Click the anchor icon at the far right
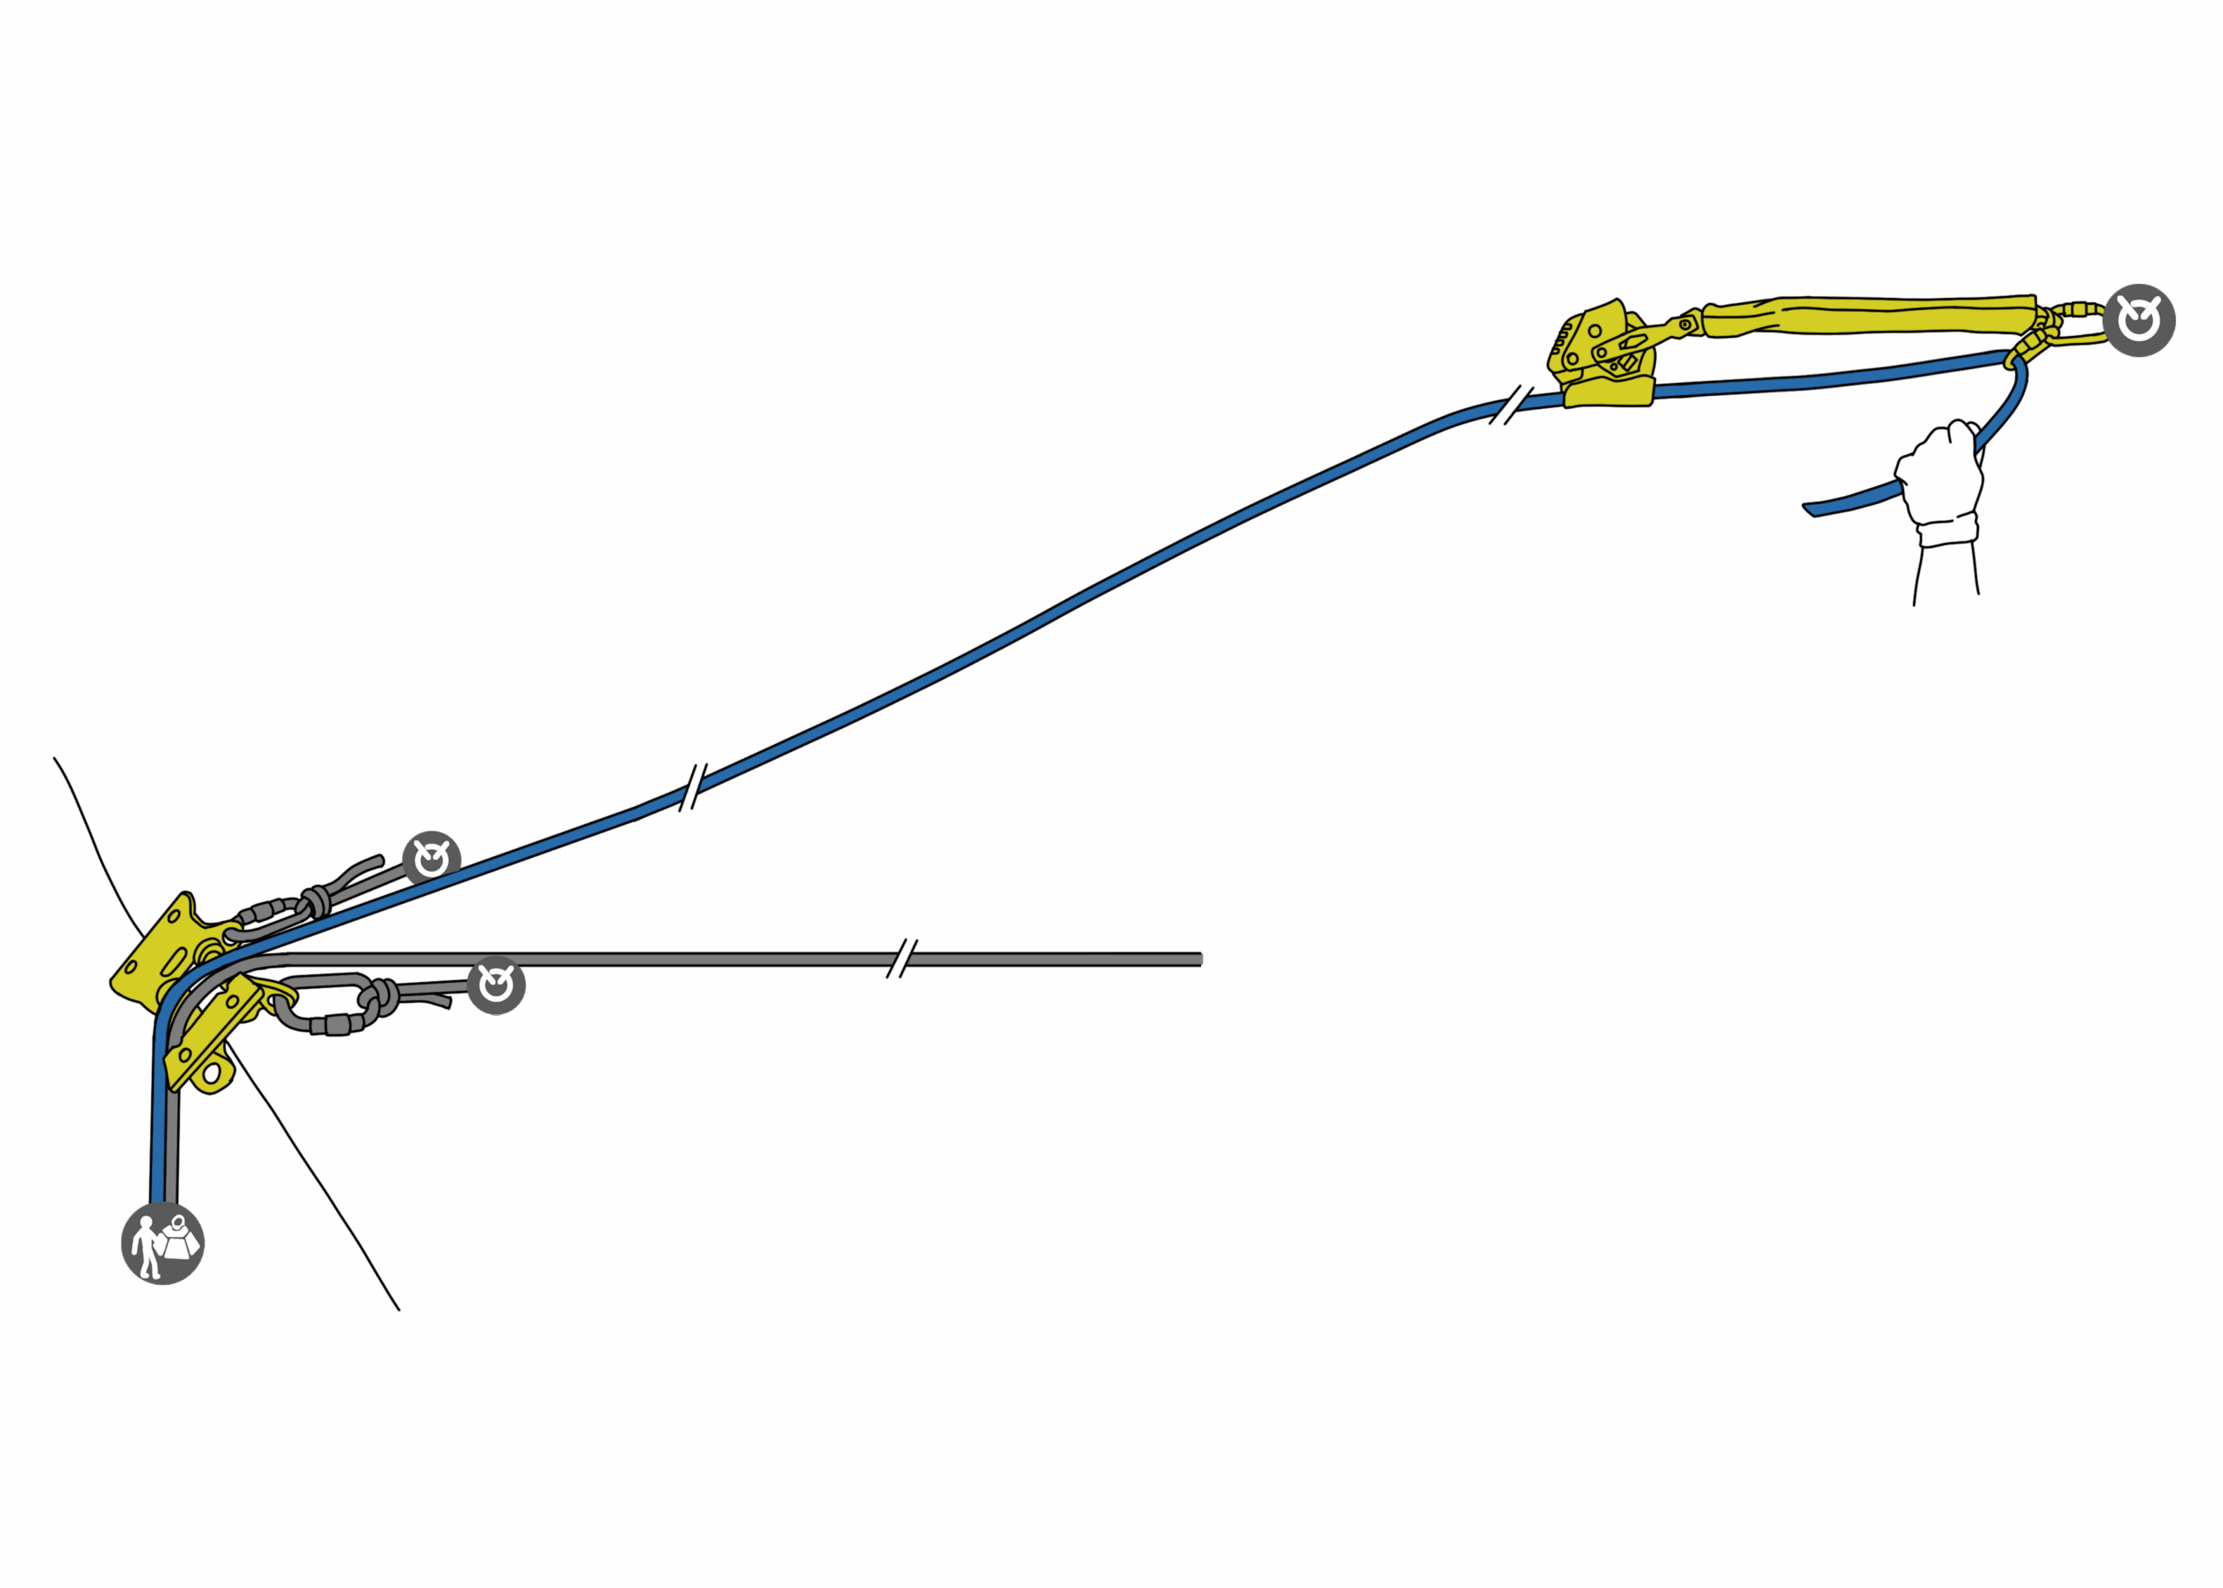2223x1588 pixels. tap(2139, 320)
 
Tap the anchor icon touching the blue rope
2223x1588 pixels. tap(432, 860)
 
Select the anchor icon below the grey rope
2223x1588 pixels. tap(496, 985)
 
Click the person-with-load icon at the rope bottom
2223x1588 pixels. tap(162, 1242)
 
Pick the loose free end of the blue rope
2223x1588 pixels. tap(1815, 509)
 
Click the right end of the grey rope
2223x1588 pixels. tap(1198, 959)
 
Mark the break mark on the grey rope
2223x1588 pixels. tap(901, 959)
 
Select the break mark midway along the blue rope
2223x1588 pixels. tap(692, 785)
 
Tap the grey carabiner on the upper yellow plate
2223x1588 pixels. tap(268, 919)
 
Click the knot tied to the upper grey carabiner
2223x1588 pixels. tap(316, 901)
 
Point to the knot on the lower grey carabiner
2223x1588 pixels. tap(379, 998)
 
